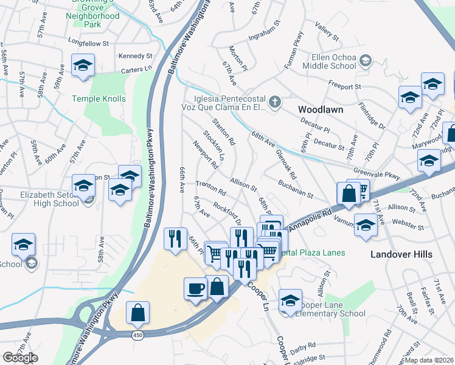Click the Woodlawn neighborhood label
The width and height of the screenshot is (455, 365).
[x=321, y=109]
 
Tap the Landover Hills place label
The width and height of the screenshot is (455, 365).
[x=401, y=254]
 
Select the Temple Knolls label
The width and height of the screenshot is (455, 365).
[x=99, y=99]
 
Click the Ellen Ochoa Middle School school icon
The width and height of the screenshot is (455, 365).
[x=366, y=60]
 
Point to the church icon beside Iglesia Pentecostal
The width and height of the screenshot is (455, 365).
[x=275, y=102]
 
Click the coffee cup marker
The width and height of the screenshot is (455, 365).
[x=195, y=288]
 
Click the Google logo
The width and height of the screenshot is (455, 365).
[x=20, y=358]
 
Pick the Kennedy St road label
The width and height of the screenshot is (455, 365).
[x=134, y=56]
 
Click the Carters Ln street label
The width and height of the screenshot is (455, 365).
[x=136, y=70]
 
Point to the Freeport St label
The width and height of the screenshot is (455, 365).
[x=344, y=85]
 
